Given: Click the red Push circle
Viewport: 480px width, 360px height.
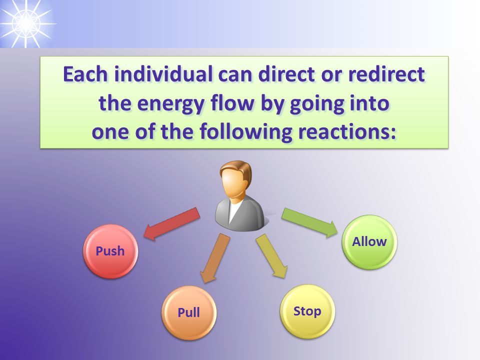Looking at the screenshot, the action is pos(110,251).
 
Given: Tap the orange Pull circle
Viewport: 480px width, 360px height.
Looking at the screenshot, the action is pos(189,312).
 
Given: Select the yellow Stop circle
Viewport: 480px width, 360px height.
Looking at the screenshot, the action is pos(307,311).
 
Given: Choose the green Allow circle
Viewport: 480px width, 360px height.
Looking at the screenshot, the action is pos(369,242).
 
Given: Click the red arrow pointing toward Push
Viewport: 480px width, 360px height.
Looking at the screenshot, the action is pos(171,224).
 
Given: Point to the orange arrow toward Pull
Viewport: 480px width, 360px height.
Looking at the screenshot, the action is pos(215,258).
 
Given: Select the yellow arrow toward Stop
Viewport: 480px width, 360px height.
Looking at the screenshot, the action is pos(271,256).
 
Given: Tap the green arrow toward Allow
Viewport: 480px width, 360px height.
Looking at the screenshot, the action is pos(309,222).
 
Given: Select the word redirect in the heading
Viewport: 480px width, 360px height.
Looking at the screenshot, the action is pos(386,74).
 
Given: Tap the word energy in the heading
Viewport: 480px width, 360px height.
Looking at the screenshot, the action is pos(170,104).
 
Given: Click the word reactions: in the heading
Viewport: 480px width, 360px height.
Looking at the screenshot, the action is pos(347,131).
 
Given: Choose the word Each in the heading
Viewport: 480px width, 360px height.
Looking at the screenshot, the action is pos(85,74).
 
